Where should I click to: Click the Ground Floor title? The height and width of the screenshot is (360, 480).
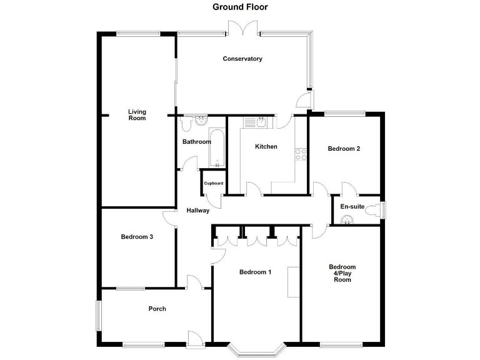[240, 7]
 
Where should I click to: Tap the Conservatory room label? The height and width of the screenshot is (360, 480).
[242, 59]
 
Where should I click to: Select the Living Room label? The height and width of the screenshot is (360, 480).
[137, 115]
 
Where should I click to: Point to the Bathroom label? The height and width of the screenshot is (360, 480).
[197, 142]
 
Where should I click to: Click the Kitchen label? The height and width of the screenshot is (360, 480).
[266, 147]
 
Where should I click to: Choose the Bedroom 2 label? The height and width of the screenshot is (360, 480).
[344, 149]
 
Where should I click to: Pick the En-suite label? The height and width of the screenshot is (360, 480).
[352, 206]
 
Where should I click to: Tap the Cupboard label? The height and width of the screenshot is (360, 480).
[213, 183]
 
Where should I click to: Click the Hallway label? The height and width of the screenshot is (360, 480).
[198, 211]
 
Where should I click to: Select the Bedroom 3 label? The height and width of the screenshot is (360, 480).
[137, 237]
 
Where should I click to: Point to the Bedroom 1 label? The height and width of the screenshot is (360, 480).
[256, 272]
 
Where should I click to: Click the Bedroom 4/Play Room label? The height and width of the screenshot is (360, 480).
[342, 273]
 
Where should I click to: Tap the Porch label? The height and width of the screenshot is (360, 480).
[157, 309]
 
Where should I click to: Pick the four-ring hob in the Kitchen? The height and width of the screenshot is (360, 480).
[301, 154]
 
